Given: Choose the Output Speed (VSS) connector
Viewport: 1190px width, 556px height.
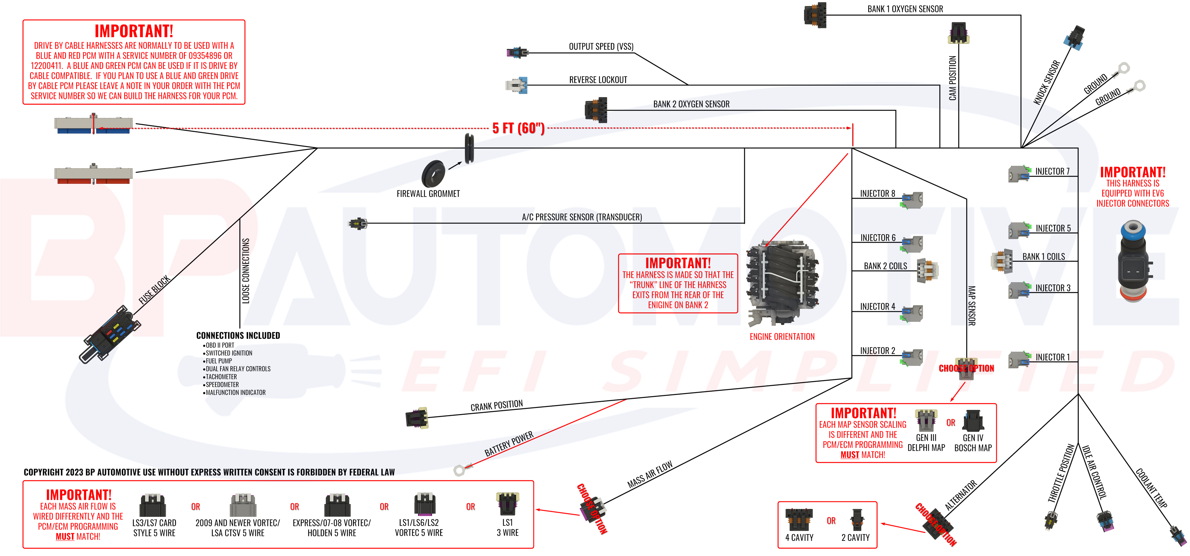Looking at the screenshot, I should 516,52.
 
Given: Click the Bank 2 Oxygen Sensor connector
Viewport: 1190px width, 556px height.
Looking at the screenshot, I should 596,110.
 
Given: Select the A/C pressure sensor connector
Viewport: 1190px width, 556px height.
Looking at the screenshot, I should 358,224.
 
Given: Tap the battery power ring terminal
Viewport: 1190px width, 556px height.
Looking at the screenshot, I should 459,470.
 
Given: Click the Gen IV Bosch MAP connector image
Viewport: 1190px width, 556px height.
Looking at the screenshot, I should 973,421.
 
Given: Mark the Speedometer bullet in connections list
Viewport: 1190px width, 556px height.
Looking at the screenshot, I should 222,385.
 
